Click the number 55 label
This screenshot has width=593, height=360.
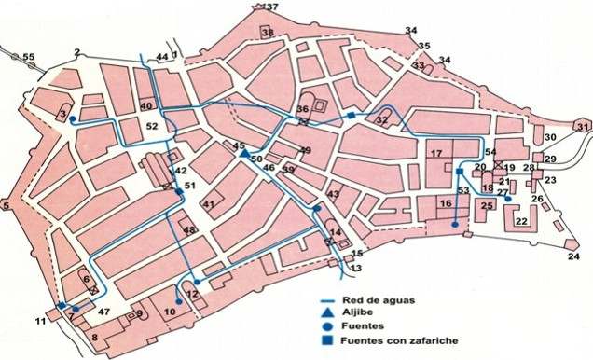29,58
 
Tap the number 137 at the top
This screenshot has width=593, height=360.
270,7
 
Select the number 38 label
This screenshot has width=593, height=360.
268,34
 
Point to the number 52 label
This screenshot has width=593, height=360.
152,124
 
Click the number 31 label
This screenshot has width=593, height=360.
582,127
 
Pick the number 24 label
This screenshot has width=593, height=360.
572,256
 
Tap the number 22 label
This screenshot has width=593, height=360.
522,221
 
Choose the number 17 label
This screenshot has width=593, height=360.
435,153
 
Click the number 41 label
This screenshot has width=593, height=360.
208,204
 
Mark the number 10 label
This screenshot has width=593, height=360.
170,312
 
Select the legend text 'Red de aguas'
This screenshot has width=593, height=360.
374,299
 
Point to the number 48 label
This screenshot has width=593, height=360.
189,231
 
